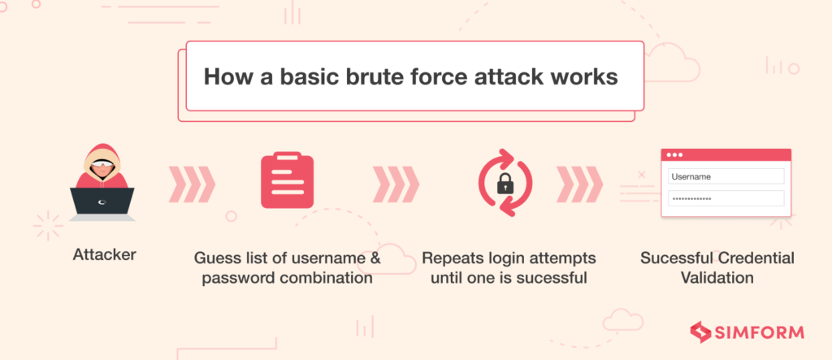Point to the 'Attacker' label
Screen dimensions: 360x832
coord(104,254)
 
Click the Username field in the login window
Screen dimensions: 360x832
coord(726,176)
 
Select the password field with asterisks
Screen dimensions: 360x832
coord(726,198)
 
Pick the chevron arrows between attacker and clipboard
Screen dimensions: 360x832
coord(192,184)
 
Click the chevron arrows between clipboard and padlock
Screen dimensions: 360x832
coord(396,184)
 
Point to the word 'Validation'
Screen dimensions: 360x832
coord(717,279)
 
